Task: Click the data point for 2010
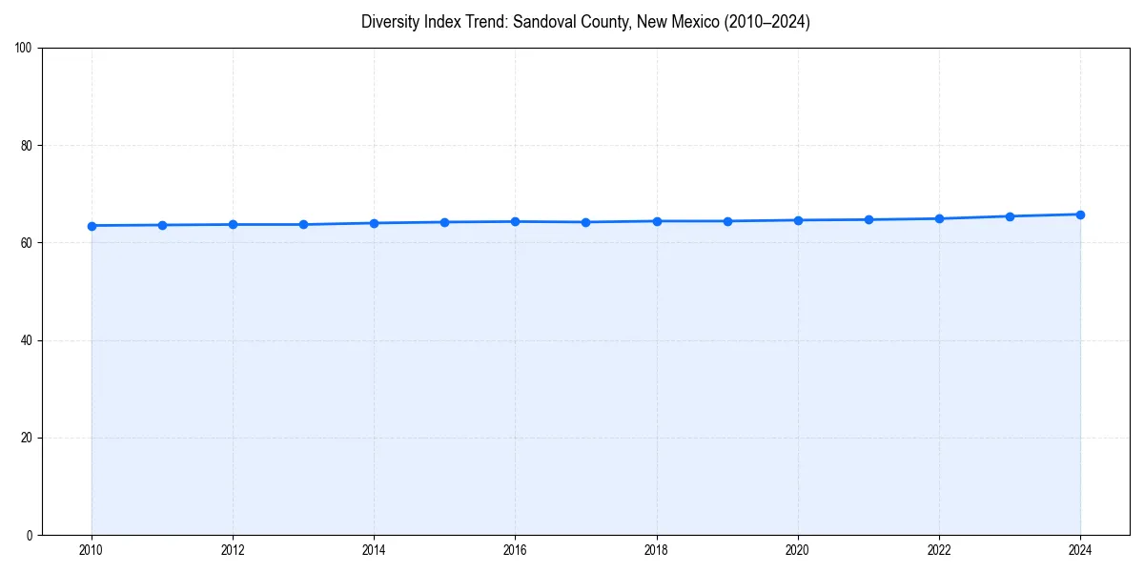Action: pos(92,226)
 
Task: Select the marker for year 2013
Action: pos(303,225)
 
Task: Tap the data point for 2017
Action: pos(585,222)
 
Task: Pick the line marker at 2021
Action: pos(868,220)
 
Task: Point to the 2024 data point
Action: pos(1080,214)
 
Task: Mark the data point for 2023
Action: pos(1010,216)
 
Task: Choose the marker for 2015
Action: pos(444,222)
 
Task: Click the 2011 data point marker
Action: pos(162,225)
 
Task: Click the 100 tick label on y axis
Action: pos(24,49)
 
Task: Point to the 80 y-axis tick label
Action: pos(27,146)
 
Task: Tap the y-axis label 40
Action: pos(27,340)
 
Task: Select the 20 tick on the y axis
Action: pos(27,438)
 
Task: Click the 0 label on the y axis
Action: pos(30,535)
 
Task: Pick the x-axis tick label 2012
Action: pos(233,550)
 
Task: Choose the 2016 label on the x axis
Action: pos(515,550)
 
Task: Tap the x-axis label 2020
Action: pos(798,550)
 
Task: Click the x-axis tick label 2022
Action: pos(939,550)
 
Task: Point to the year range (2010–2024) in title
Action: pos(763,22)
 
